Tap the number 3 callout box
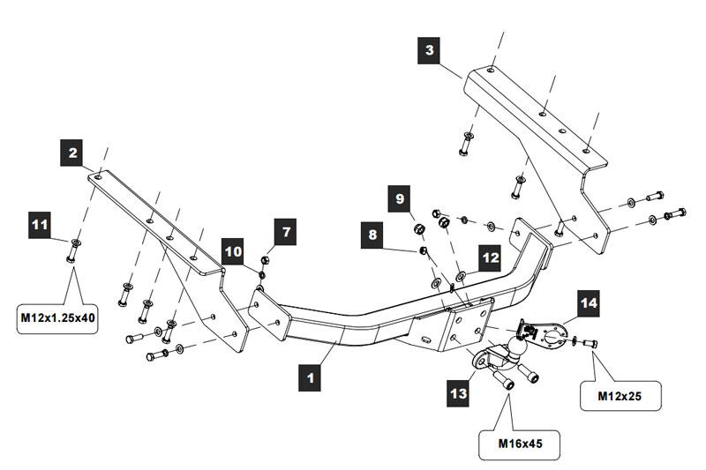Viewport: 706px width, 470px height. (429, 50)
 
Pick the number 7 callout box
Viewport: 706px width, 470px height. (285, 233)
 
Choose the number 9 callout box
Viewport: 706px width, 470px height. (400, 199)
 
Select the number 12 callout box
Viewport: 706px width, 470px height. (490, 257)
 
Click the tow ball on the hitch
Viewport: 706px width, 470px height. (509, 347)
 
